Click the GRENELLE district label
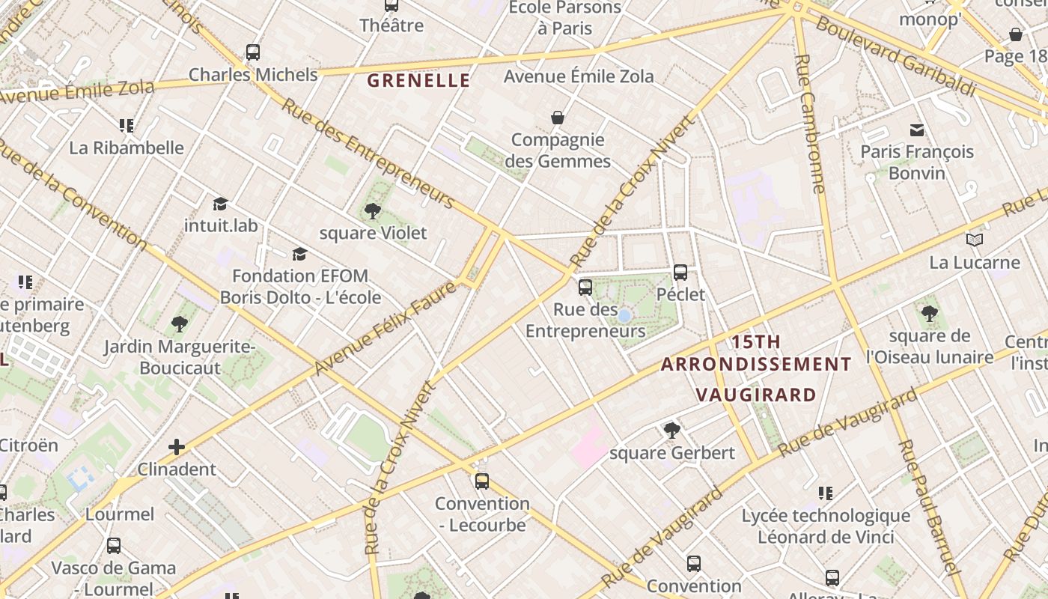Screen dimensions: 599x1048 [x=419, y=80]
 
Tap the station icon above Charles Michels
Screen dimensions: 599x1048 [x=253, y=52]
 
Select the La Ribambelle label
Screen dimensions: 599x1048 [x=126, y=148]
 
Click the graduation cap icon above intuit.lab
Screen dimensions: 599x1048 [x=220, y=204]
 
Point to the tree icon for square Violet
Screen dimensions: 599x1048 [x=372, y=211]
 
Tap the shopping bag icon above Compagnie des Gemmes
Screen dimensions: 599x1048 [x=558, y=118]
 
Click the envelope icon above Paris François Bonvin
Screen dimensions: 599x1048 [x=917, y=130]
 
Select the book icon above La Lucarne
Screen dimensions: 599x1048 [x=974, y=240]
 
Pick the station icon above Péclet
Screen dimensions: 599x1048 [x=680, y=273]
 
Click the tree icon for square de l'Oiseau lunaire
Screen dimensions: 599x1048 [x=929, y=314]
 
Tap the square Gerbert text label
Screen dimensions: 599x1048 [x=672, y=453]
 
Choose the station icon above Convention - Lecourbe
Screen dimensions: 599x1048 [x=482, y=481]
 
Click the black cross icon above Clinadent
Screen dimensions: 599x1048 [x=177, y=448]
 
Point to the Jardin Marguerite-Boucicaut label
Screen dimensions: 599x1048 [x=180, y=357]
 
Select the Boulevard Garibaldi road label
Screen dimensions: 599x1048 [x=896, y=56]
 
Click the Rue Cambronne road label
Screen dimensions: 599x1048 [x=810, y=124]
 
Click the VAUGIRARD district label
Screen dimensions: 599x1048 [x=755, y=395]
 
